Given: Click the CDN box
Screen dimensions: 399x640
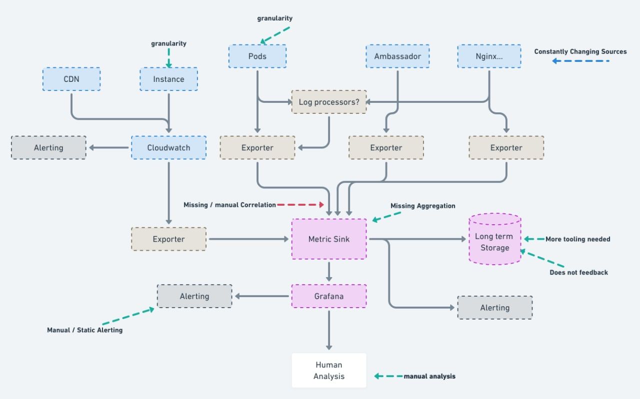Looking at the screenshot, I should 71,79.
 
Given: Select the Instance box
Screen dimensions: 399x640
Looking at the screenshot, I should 168,79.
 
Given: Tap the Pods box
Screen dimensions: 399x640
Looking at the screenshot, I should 257,56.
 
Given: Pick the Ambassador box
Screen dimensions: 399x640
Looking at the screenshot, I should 397,56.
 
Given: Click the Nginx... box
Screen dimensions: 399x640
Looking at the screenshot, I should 489,56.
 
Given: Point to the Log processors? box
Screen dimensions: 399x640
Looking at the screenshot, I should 329,102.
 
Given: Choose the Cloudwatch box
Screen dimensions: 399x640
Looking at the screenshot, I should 168,148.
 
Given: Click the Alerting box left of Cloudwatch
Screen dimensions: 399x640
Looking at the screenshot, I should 48,148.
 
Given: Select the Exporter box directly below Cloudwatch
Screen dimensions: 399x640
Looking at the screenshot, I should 168,239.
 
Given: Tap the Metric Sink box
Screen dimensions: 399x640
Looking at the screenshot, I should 329,239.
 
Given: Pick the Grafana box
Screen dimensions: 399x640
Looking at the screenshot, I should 329,296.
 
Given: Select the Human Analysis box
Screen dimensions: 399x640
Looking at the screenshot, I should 329,371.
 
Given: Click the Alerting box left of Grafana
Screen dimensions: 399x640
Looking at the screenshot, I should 194,296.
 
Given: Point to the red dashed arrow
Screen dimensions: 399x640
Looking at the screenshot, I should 300,205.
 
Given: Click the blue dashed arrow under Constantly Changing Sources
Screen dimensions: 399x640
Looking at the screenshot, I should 580,61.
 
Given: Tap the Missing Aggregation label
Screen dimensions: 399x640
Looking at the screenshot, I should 422,206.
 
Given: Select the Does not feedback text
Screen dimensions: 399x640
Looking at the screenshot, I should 578,273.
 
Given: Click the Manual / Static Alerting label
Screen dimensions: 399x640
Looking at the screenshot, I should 84,330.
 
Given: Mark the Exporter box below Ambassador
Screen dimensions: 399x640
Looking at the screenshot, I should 386,148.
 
